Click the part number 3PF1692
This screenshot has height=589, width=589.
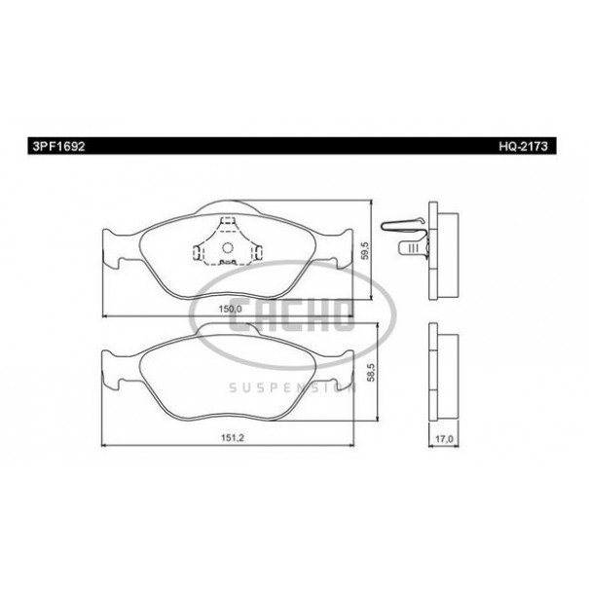click(58, 146)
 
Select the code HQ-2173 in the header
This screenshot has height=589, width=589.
click(523, 146)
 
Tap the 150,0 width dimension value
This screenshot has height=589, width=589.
click(230, 309)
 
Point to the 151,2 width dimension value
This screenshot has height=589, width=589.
click(232, 438)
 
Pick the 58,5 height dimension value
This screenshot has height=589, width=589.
click(372, 372)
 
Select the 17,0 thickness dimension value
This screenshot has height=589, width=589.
click(444, 439)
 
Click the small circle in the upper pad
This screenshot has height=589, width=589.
click(228, 247)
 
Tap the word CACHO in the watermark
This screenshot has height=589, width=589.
click(292, 315)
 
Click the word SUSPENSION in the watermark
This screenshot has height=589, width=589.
click(292, 387)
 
